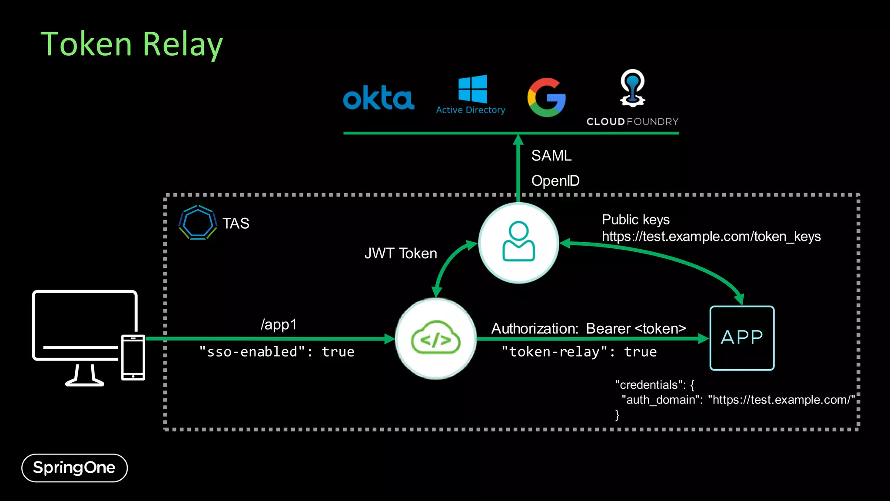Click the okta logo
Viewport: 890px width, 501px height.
pos(379,98)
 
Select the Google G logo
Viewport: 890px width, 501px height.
pos(546,97)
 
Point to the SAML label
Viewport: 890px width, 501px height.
pos(551,156)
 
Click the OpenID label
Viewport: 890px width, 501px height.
pos(555,181)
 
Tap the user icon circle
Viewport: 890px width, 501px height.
pos(518,243)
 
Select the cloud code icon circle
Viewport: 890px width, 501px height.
pos(435,338)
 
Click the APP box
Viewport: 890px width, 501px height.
pos(742,338)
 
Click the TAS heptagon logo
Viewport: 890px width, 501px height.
pos(198,223)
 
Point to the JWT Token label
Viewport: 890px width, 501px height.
pos(401,254)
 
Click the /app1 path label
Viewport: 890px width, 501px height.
pos(279,324)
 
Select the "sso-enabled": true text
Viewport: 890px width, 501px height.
pos(276,352)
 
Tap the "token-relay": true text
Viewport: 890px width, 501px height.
pos(579,352)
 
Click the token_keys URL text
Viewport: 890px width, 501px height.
pos(711,237)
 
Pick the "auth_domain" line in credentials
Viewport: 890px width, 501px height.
pos(737,400)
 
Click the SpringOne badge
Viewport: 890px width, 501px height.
pos(74,468)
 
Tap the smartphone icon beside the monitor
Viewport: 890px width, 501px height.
pos(133,357)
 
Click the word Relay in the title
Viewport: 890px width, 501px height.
pos(183,45)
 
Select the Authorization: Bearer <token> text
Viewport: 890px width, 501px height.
pos(588,329)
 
